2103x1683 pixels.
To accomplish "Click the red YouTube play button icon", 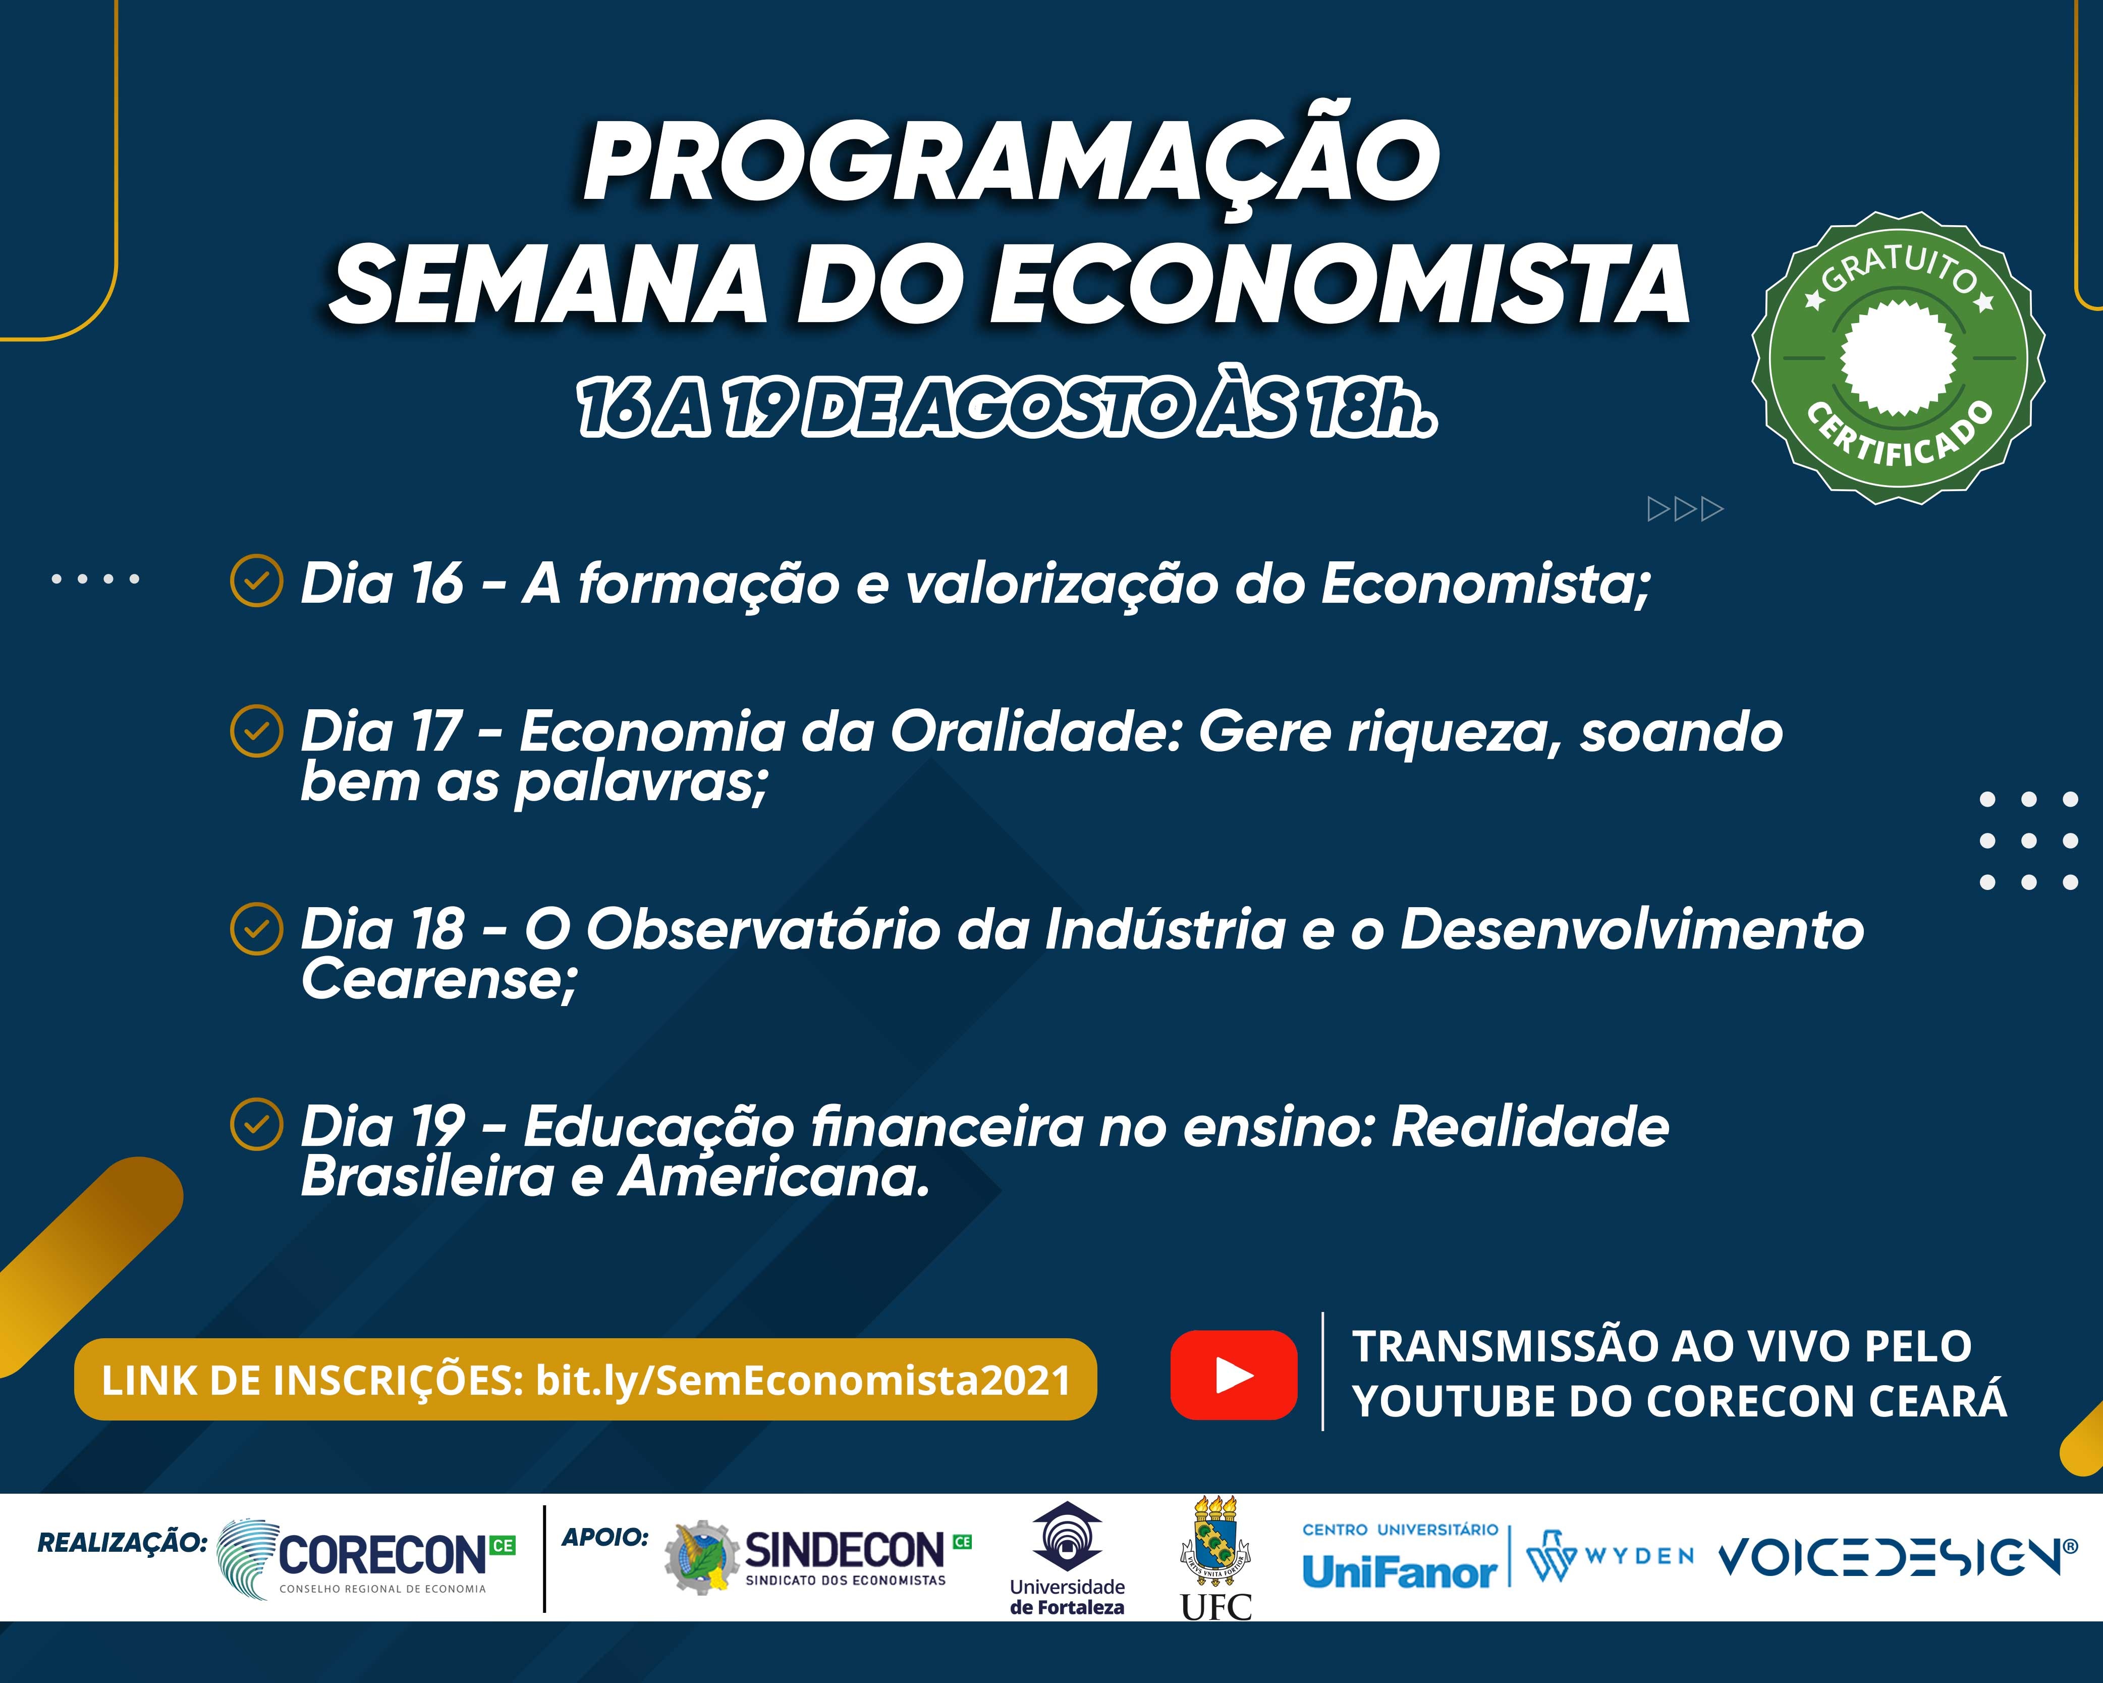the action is click(x=1234, y=1375).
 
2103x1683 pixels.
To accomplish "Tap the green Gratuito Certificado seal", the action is click(x=1898, y=357).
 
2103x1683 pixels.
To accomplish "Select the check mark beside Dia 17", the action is click(x=256, y=731).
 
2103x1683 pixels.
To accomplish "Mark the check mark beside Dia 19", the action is click(x=256, y=1125).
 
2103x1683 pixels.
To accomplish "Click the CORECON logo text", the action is click(x=382, y=1555).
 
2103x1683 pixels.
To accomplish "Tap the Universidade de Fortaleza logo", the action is click(x=1067, y=1559).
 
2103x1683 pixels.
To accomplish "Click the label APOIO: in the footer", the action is click(x=605, y=1538).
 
